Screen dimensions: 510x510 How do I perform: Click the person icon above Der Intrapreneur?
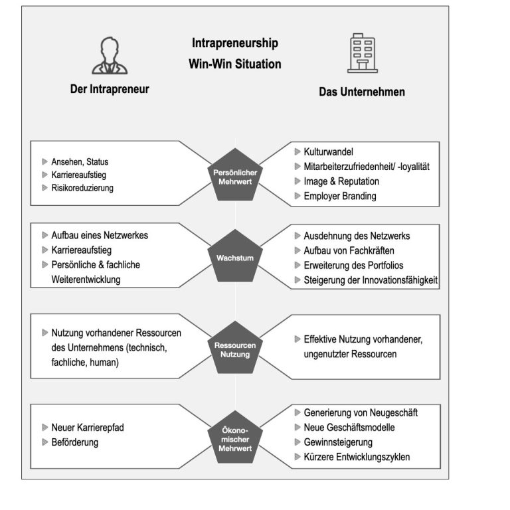[x=110, y=56]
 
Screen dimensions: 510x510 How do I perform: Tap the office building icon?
[x=363, y=53]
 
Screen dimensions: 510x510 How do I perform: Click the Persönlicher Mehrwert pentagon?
[x=235, y=175]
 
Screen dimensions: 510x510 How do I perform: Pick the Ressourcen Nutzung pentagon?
[x=235, y=348]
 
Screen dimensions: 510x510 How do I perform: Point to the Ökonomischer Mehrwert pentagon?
[x=235, y=438]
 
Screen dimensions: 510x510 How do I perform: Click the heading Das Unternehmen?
[x=362, y=92]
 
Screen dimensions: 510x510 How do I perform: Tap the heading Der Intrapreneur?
[x=110, y=89]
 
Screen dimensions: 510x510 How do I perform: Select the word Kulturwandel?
[x=328, y=152]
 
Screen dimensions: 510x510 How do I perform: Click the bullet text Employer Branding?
[x=340, y=196]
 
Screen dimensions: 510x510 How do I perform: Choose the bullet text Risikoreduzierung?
[x=82, y=188]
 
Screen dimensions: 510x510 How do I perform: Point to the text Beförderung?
[x=75, y=442]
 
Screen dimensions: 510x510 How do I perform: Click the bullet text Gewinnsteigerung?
[x=338, y=442]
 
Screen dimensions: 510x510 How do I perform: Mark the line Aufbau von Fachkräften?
[x=349, y=251]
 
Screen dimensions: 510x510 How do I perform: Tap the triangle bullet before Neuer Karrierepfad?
[x=45, y=428]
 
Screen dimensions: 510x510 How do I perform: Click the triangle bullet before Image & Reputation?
[x=297, y=181]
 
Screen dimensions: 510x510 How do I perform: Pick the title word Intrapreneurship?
[x=235, y=43]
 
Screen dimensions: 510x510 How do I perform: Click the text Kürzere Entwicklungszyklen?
[x=357, y=457]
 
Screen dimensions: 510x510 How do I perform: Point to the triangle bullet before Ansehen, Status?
[x=45, y=161]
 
